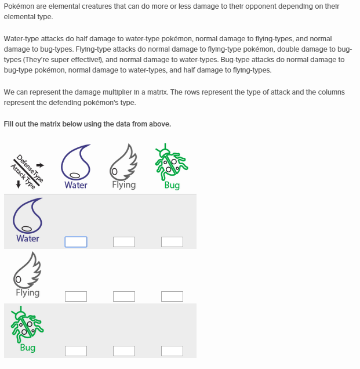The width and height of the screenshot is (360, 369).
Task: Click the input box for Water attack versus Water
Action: (x=76, y=242)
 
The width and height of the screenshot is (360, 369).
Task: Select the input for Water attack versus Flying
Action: (x=124, y=242)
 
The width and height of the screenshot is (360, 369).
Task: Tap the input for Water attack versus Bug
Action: (x=172, y=242)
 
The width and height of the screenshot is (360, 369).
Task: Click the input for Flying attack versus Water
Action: (x=76, y=296)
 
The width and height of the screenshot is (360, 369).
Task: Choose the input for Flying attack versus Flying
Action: (x=124, y=296)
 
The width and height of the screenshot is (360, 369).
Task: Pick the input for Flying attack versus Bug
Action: (x=172, y=296)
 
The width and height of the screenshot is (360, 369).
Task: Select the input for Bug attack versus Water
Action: (x=76, y=351)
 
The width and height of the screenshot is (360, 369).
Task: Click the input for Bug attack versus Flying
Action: (x=124, y=351)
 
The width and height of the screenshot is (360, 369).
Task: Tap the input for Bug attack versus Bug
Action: (x=172, y=351)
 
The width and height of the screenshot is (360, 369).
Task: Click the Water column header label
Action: (x=76, y=185)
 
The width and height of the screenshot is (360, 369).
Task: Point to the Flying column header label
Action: (x=124, y=185)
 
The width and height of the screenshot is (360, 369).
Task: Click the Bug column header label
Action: (x=172, y=185)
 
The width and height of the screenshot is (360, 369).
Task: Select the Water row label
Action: (x=28, y=238)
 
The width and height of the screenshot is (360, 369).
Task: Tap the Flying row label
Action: (x=28, y=293)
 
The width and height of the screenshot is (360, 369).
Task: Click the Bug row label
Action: (x=28, y=348)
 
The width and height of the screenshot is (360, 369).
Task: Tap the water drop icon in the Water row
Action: (x=28, y=216)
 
